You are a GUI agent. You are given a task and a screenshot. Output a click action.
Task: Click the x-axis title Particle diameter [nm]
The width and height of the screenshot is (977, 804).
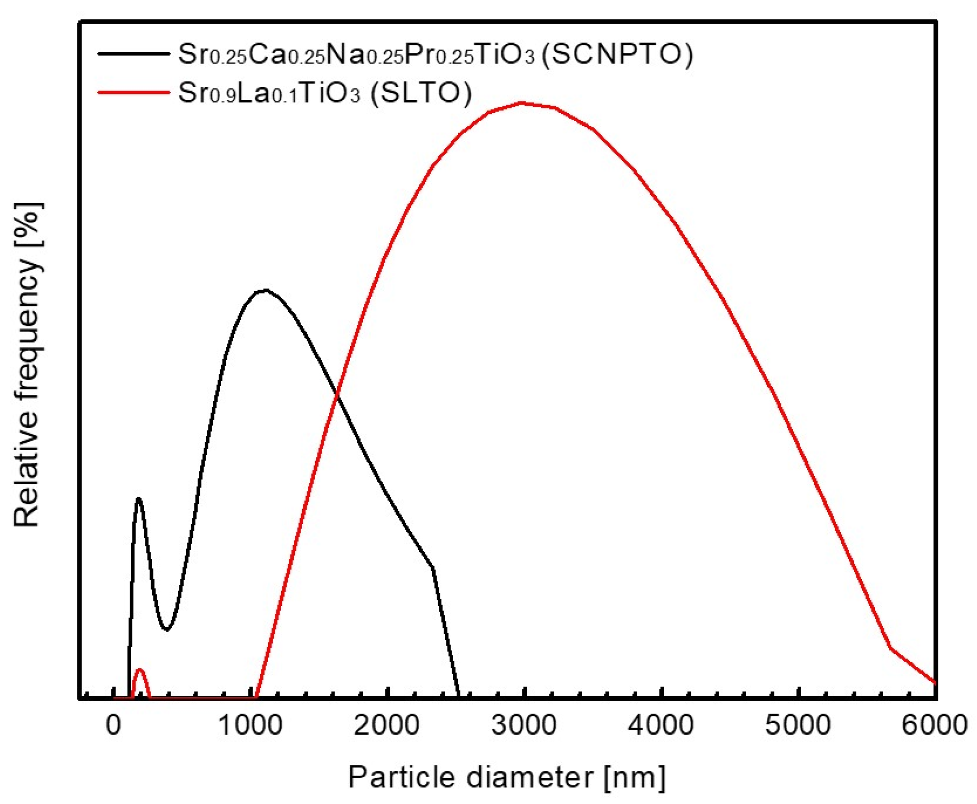507,777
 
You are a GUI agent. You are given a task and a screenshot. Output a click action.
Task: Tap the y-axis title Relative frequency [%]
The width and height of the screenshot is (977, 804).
27,364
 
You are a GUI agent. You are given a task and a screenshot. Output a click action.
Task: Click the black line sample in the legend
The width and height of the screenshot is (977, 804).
134,54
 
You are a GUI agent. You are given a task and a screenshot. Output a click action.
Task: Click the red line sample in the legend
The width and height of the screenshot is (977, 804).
134,93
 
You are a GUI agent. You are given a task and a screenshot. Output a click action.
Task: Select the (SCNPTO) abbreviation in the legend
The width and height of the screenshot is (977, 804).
617,54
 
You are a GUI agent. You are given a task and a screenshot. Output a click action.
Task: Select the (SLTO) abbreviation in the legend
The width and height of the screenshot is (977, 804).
421,93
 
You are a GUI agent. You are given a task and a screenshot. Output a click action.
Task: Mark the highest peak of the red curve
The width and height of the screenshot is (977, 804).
522,103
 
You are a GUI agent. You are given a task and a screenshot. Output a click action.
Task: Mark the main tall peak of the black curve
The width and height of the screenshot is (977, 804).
264,290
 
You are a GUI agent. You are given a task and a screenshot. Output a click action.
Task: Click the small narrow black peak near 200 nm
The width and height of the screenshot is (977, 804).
138,499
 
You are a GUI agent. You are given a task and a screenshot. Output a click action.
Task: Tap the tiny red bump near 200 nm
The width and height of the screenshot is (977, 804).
139,669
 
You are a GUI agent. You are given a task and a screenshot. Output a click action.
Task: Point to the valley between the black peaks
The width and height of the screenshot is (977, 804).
167,629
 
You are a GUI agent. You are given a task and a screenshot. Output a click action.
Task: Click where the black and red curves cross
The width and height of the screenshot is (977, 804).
337,395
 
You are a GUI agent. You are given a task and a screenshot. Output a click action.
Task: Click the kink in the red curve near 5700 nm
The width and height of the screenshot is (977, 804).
890,648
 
